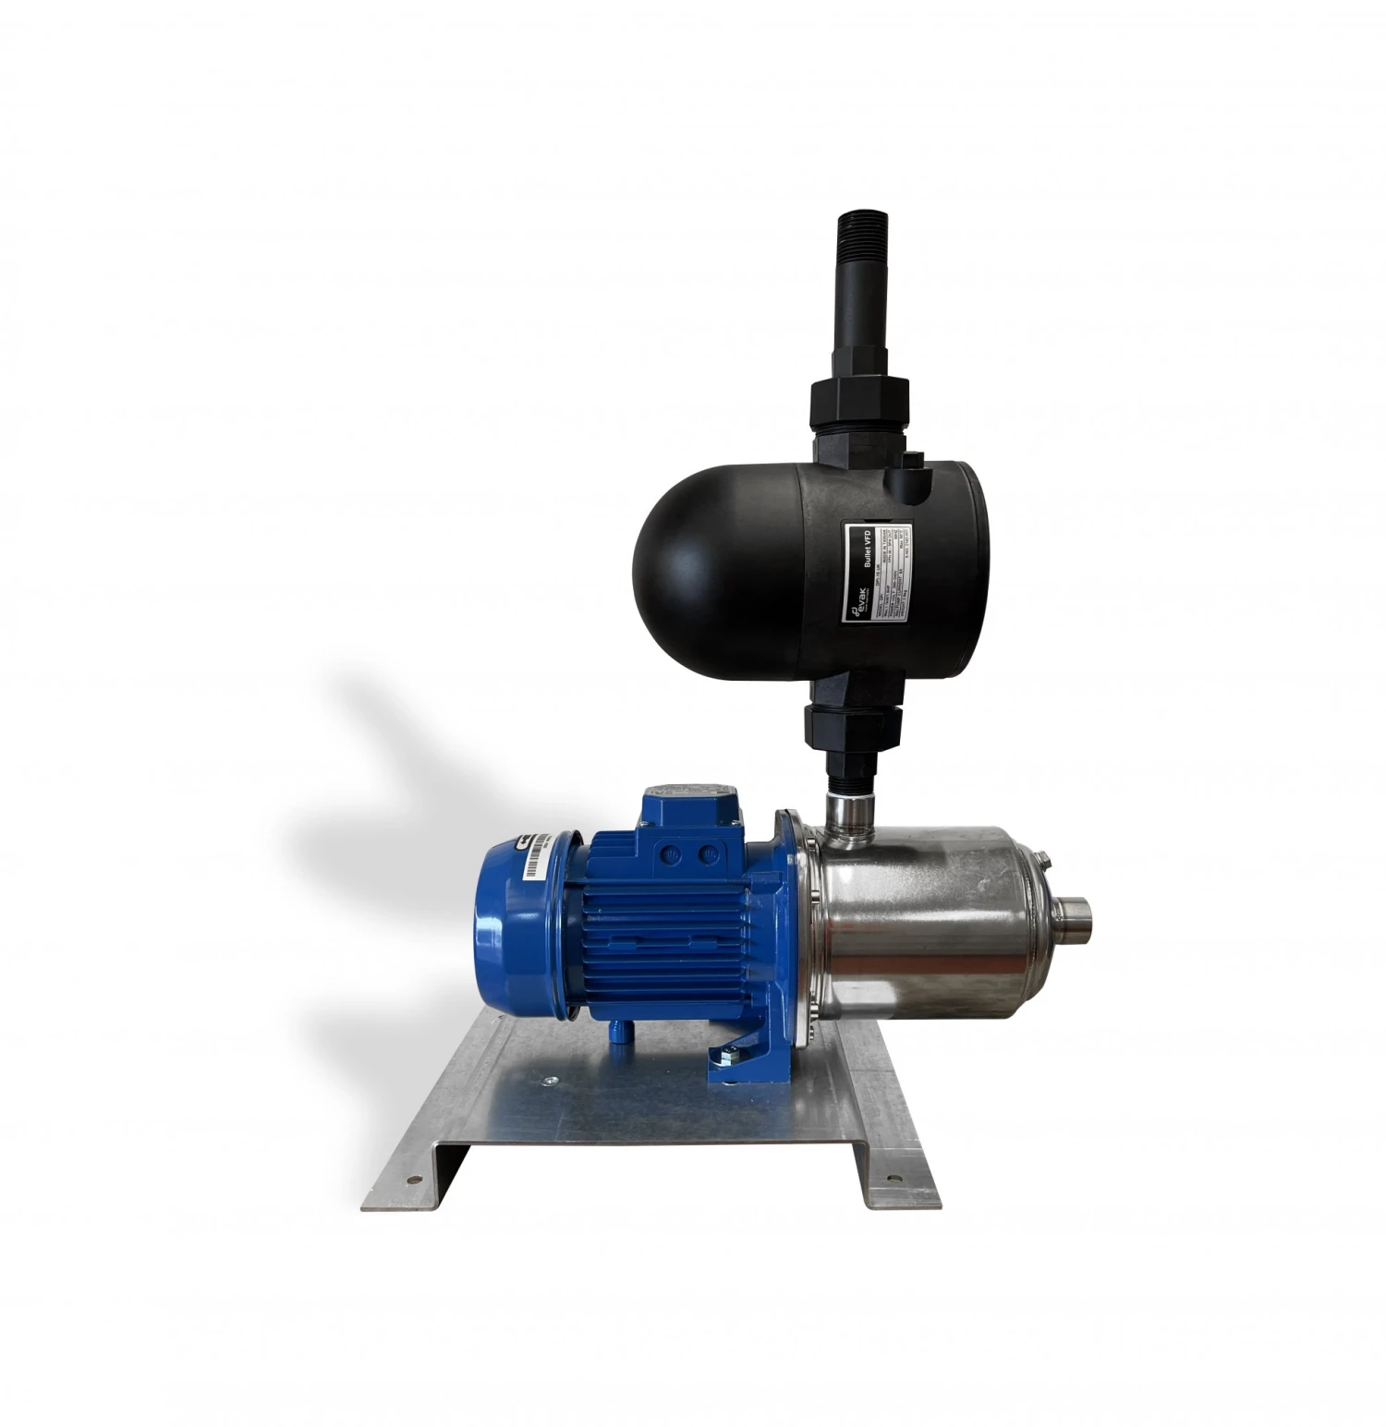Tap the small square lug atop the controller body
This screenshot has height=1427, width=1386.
pos(914,461)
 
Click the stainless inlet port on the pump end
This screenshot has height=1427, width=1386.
pos(1071,919)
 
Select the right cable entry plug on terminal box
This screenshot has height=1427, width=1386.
pos(709,856)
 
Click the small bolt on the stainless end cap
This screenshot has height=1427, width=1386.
pos(1045,863)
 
